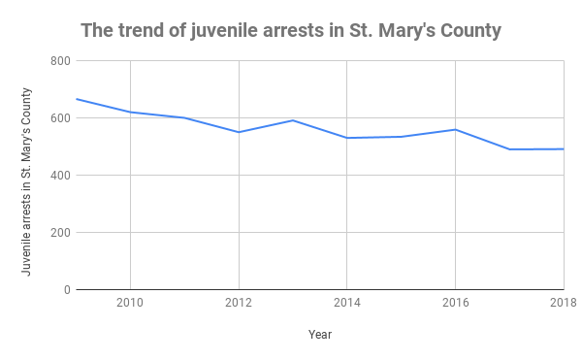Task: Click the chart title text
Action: tap(291, 31)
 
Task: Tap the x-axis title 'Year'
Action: tap(320, 334)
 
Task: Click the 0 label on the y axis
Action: tap(65, 290)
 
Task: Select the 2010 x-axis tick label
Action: tap(130, 303)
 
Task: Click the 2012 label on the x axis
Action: tap(239, 303)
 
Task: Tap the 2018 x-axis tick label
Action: tap(563, 303)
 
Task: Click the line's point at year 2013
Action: tap(293, 120)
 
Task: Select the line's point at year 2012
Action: tap(239, 132)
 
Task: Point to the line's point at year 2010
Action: tap(130, 112)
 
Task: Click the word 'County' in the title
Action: tap(469, 31)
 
